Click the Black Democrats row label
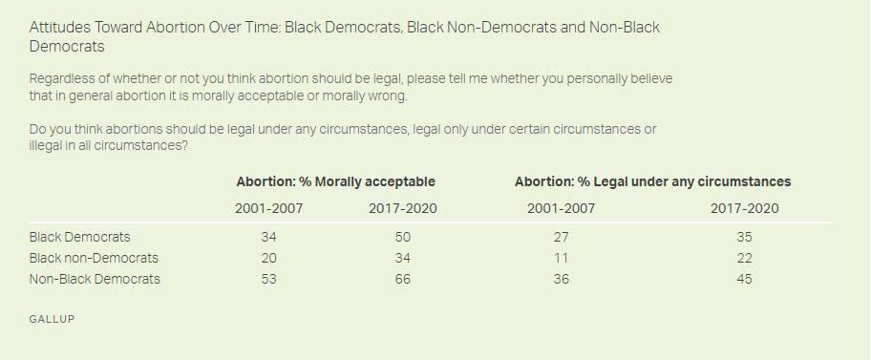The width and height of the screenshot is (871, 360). click(79, 237)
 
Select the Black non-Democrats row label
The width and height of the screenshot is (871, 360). click(94, 259)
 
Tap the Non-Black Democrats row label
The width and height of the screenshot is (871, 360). click(95, 279)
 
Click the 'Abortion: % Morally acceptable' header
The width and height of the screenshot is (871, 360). click(335, 181)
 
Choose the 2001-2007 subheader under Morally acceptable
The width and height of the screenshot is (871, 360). click(269, 209)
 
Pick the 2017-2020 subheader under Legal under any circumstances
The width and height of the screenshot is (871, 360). click(744, 209)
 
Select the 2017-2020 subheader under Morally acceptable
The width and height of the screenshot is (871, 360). click(403, 209)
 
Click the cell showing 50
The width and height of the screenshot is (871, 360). click(403, 237)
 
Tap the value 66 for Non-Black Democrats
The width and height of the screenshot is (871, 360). click(403, 279)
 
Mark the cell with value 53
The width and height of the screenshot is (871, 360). click(269, 279)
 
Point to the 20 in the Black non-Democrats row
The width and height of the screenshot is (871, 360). click(269, 259)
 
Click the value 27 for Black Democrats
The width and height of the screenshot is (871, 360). click(561, 237)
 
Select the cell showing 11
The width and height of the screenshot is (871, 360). click(561, 259)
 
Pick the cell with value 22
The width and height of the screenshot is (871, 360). click(744, 259)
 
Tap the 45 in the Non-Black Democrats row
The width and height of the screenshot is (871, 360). click(744, 279)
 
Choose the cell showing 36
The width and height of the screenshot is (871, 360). click(561, 279)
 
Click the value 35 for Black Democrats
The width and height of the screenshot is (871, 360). click(744, 237)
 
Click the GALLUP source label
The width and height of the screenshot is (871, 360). click(52, 320)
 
